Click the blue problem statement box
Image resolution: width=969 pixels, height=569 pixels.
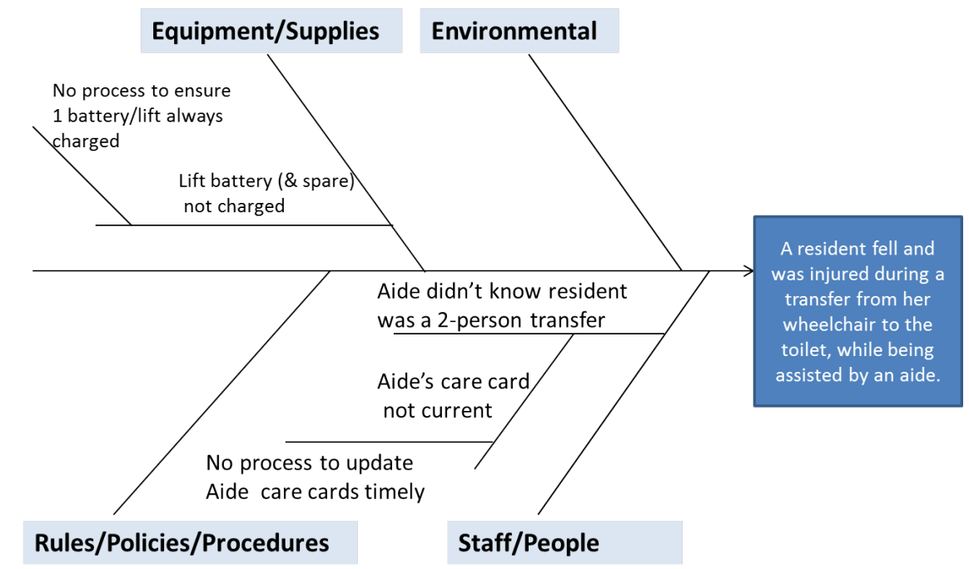pos(857,311)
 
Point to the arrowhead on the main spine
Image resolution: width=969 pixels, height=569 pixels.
pos(748,270)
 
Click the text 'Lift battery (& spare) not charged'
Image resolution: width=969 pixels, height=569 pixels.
pos(266,193)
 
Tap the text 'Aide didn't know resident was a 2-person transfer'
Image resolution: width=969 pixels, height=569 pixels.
pos(501,305)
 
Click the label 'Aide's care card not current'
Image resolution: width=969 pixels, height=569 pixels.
pos(452,395)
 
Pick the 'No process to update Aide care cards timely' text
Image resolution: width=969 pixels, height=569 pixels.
pos(315,477)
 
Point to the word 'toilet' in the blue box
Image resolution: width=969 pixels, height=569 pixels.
pos(806,349)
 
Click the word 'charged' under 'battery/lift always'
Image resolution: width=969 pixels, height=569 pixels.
pos(87,141)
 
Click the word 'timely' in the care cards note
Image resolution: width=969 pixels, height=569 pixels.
pos(395,492)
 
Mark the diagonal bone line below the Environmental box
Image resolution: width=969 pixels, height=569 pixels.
pos(606,163)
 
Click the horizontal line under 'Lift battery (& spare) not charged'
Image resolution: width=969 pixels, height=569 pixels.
pos(250,225)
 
